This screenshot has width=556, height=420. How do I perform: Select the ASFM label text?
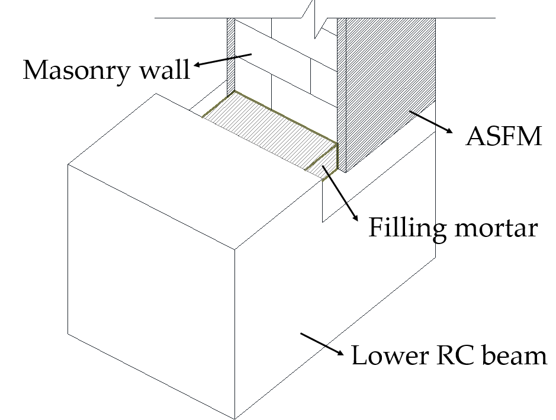coord(504,137)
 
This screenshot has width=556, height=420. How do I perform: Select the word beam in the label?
coord(513,356)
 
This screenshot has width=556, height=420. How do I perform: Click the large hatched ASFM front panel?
coord(388,89)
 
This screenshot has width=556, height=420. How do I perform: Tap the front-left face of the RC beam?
coord(151,290)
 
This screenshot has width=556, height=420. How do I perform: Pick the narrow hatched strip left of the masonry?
coord(231,53)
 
